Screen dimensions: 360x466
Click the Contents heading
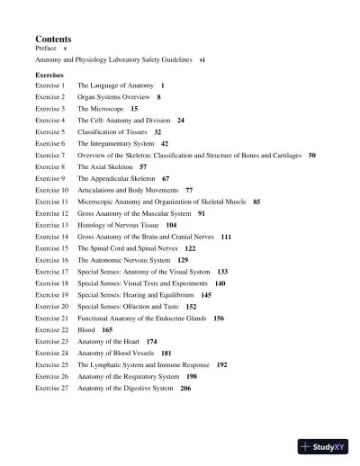point(53,40)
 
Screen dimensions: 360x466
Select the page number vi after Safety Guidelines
point(202,59)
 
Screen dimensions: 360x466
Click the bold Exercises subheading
point(49,75)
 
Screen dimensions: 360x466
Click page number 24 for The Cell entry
point(181,120)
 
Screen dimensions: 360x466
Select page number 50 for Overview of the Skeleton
point(311,155)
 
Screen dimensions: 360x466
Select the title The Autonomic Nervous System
point(123,260)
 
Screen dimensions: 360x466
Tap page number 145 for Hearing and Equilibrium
point(206,295)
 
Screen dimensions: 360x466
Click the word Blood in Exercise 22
point(86,330)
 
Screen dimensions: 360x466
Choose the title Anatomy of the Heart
point(109,342)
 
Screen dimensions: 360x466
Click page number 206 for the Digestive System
point(185,389)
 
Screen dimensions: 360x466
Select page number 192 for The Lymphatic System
point(221,365)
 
